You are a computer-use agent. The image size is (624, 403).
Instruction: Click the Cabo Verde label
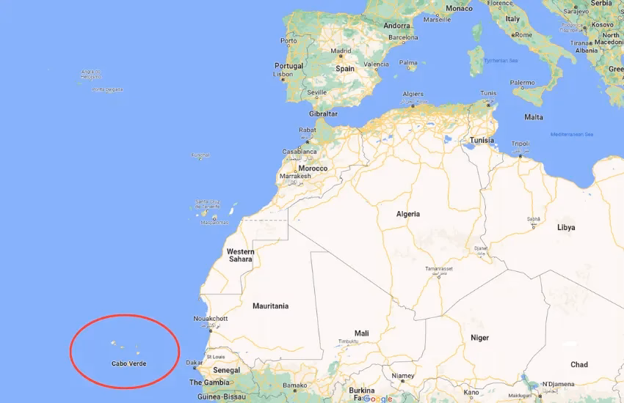pos(128,363)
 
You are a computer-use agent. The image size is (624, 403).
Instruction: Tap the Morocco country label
pos(313,169)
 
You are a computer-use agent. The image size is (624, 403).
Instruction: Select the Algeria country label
pos(408,214)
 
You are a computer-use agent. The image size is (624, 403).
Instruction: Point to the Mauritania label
pos(270,306)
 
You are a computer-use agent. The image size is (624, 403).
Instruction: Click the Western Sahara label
pos(240,256)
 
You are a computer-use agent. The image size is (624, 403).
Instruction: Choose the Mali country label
pos(361,333)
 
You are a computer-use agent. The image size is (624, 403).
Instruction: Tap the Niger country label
pos(479,338)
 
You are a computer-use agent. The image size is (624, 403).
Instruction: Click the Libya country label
pos(566,228)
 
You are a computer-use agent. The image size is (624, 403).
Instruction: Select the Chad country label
pos(578,364)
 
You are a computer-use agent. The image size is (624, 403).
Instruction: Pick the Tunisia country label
pos(482,140)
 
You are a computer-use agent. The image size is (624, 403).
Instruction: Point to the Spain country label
pos(345,69)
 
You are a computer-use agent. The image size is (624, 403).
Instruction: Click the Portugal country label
pos(289,66)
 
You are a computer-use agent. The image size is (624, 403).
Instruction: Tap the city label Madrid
pos(341,52)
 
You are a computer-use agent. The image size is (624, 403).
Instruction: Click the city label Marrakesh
pos(296,176)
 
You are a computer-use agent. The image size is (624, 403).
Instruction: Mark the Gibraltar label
pos(323,114)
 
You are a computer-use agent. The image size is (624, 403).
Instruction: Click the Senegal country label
pos(226,371)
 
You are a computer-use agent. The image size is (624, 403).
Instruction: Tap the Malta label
pos(534,117)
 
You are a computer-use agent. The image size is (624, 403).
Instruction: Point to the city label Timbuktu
pos(349,341)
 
